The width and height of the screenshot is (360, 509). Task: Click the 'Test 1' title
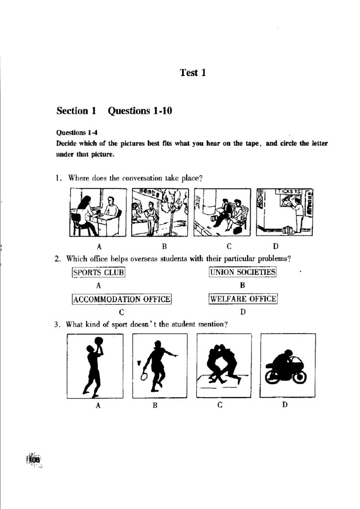[192, 73]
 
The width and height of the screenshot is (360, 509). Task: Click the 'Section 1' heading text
[76, 111]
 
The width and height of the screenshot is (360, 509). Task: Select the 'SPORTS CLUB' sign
[98, 272]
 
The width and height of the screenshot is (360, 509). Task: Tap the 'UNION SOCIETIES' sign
[242, 272]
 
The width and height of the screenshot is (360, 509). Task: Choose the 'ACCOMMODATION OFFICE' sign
[122, 299]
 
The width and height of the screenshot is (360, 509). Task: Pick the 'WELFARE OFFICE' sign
[243, 299]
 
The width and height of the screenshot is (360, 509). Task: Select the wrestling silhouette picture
[224, 366]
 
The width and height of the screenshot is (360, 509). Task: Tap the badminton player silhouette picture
[160, 366]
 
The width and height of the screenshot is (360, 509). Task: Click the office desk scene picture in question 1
[98, 213]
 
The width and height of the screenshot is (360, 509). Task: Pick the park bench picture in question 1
[222, 213]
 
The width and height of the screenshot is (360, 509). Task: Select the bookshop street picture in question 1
[160, 213]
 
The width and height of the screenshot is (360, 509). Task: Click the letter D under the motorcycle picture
[285, 405]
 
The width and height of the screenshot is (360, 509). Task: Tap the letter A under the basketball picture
[98, 406]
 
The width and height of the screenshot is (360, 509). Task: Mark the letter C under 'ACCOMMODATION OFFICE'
[121, 313]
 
